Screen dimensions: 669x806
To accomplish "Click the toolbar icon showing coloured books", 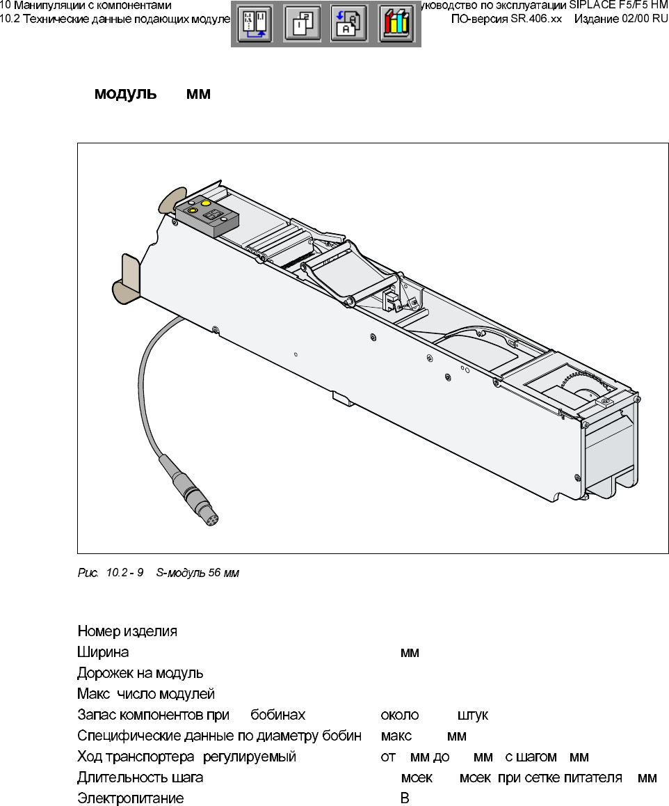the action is pos(396,24).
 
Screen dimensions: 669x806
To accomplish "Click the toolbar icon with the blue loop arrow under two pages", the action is pos(253,24).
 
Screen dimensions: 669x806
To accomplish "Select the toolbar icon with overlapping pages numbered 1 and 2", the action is pos(302,24).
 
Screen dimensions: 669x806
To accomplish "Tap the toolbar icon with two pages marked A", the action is pos(348,24).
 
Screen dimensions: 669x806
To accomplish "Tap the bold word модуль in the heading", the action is pos(126,94).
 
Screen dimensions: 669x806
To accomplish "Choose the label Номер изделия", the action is pos(127,632).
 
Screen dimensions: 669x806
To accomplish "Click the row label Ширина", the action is pos(102,653).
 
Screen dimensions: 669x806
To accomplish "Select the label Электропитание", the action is pos(130,799).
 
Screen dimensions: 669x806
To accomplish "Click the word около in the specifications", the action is pos(400,716).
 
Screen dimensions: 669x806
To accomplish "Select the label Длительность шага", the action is pos(140,778).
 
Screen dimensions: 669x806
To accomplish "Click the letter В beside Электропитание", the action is pos(404,799).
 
